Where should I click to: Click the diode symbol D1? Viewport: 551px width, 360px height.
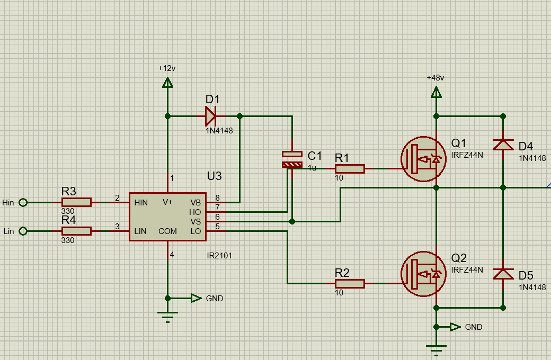(x=211, y=116)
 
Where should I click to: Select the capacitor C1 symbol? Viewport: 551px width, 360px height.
(x=292, y=159)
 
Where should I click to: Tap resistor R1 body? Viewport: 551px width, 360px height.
(x=349, y=169)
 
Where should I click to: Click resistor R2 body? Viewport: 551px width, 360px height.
(x=349, y=284)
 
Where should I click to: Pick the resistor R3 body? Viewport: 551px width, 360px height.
(x=76, y=202)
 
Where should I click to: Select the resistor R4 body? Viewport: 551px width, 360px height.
(x=76, y=231)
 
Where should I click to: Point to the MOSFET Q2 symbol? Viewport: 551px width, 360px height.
(x=423, y=274)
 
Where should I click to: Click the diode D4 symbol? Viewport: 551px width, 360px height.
(x=503, y=144)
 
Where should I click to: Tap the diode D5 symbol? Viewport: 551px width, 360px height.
(x=503, y=274)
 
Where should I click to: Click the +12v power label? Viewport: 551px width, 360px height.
(x=167, y=68)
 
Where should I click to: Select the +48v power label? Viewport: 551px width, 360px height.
(x=436, y=78)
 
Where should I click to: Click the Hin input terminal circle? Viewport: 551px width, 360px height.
(x=23, y=202)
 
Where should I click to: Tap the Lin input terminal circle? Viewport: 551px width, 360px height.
(x=23, y=231)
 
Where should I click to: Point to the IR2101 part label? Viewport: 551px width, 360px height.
(x=219, y=256)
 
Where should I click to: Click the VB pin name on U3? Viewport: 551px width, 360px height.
(x=195, y=202)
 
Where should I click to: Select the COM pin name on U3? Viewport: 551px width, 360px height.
(x=167, y=231)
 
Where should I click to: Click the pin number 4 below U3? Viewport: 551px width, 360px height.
(x=172, y=255)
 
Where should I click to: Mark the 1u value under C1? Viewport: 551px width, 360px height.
(x=312, y=167)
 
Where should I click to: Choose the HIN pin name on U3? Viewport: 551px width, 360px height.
(x=141, y=202)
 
